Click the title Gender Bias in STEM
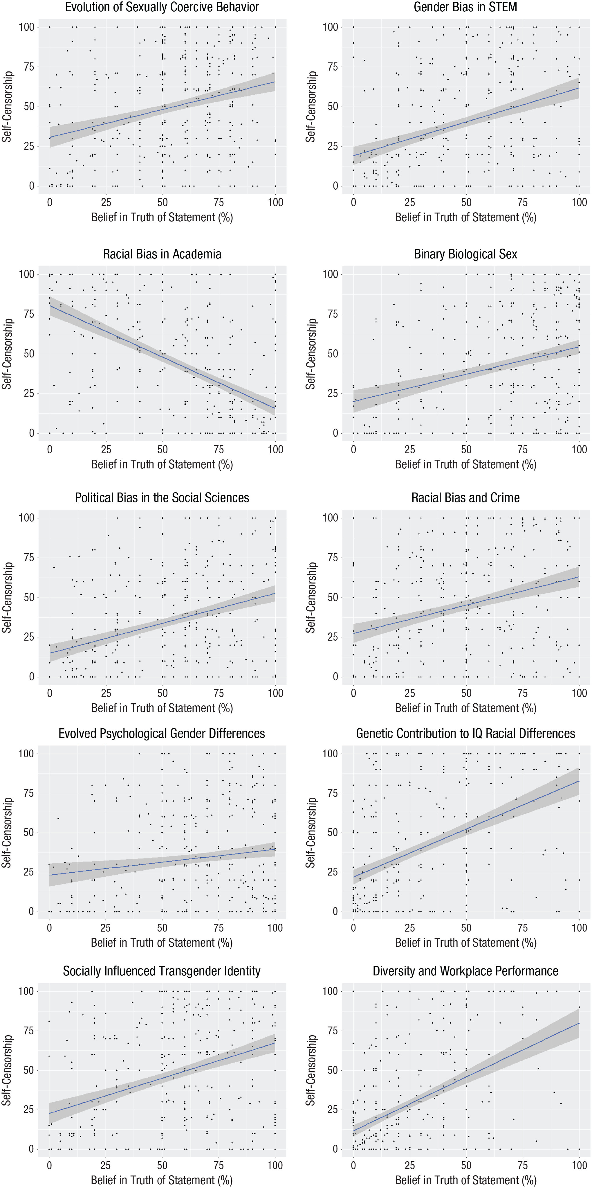(x=465, y=7)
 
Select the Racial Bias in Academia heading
(x=162, y=254)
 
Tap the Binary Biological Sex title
(x=465, y=254)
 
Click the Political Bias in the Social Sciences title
(x=162, y=498)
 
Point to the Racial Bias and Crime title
(x=465, y=498)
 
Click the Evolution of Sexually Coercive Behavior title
(x=162, y=7)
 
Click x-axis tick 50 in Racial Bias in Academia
(x=162, y=449)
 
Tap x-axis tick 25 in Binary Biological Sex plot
(x=409, y=449)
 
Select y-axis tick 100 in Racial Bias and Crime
(x=330, y=518)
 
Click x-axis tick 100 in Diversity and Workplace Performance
(x=579, y=1165)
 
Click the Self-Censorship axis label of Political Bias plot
(x=6, y=597)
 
